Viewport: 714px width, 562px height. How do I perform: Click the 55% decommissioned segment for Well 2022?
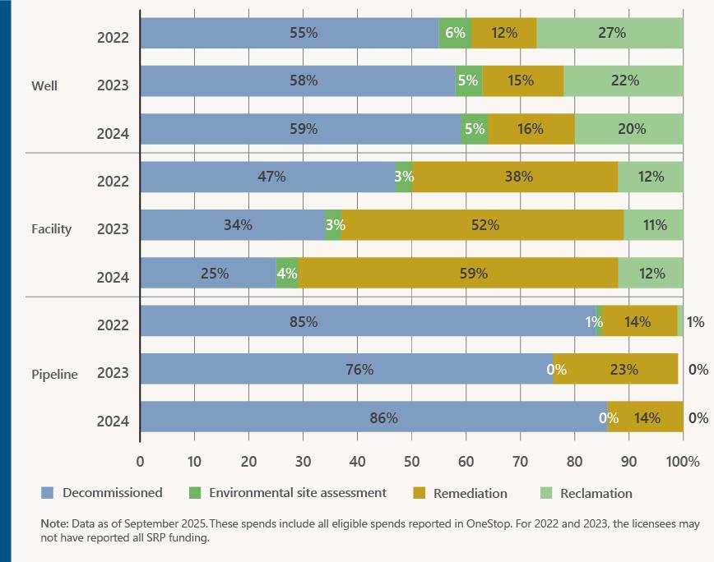point(290,34)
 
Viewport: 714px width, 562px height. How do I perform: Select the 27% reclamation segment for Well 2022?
point(610,34)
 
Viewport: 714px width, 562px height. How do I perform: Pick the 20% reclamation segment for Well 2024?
point(629,129)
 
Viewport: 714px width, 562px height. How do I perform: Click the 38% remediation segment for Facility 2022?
point(515,177)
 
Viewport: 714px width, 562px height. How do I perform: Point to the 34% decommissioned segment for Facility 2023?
point(233,224)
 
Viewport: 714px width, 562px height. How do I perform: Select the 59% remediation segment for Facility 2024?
point(457,273)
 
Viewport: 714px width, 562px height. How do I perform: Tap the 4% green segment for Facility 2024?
point(287,273)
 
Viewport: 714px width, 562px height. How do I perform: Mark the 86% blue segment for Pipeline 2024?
point(373,417)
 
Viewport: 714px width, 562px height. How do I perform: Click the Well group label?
point(44,85)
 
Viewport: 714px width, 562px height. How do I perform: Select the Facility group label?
point(52,229)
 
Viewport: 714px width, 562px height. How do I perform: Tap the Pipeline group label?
point(54,374)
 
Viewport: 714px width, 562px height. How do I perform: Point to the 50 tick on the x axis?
point(412,462)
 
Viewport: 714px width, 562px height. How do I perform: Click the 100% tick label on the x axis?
point(683,462)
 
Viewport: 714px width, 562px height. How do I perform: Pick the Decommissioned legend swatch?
point(48,493)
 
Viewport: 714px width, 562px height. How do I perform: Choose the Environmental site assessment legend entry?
point(297,493)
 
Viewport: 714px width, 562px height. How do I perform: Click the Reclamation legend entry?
point(596,494)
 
